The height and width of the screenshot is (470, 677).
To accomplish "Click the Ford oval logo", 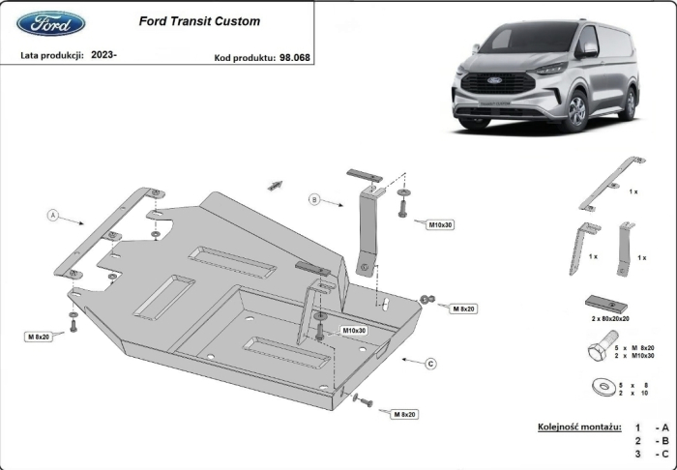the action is tap(51, 22).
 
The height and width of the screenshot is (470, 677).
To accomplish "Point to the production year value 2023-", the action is tap(103, 56).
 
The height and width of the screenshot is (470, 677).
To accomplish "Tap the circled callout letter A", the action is tap(54, 215).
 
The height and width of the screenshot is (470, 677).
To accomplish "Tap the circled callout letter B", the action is tap(313, 199).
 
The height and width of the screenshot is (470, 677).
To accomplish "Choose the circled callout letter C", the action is tap(431, 364).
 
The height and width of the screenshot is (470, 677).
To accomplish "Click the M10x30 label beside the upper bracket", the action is tap(441, 224).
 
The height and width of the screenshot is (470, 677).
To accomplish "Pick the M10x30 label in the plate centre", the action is tap(354, 330).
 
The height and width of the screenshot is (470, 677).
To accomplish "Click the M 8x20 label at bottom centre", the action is tap(404, 414).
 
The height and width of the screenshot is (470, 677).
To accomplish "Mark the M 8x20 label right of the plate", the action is tap(463, 308).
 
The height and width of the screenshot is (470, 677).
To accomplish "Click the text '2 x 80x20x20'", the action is tap(611, 318).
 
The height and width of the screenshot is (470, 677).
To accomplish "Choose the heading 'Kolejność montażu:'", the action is tap(578, 426).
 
